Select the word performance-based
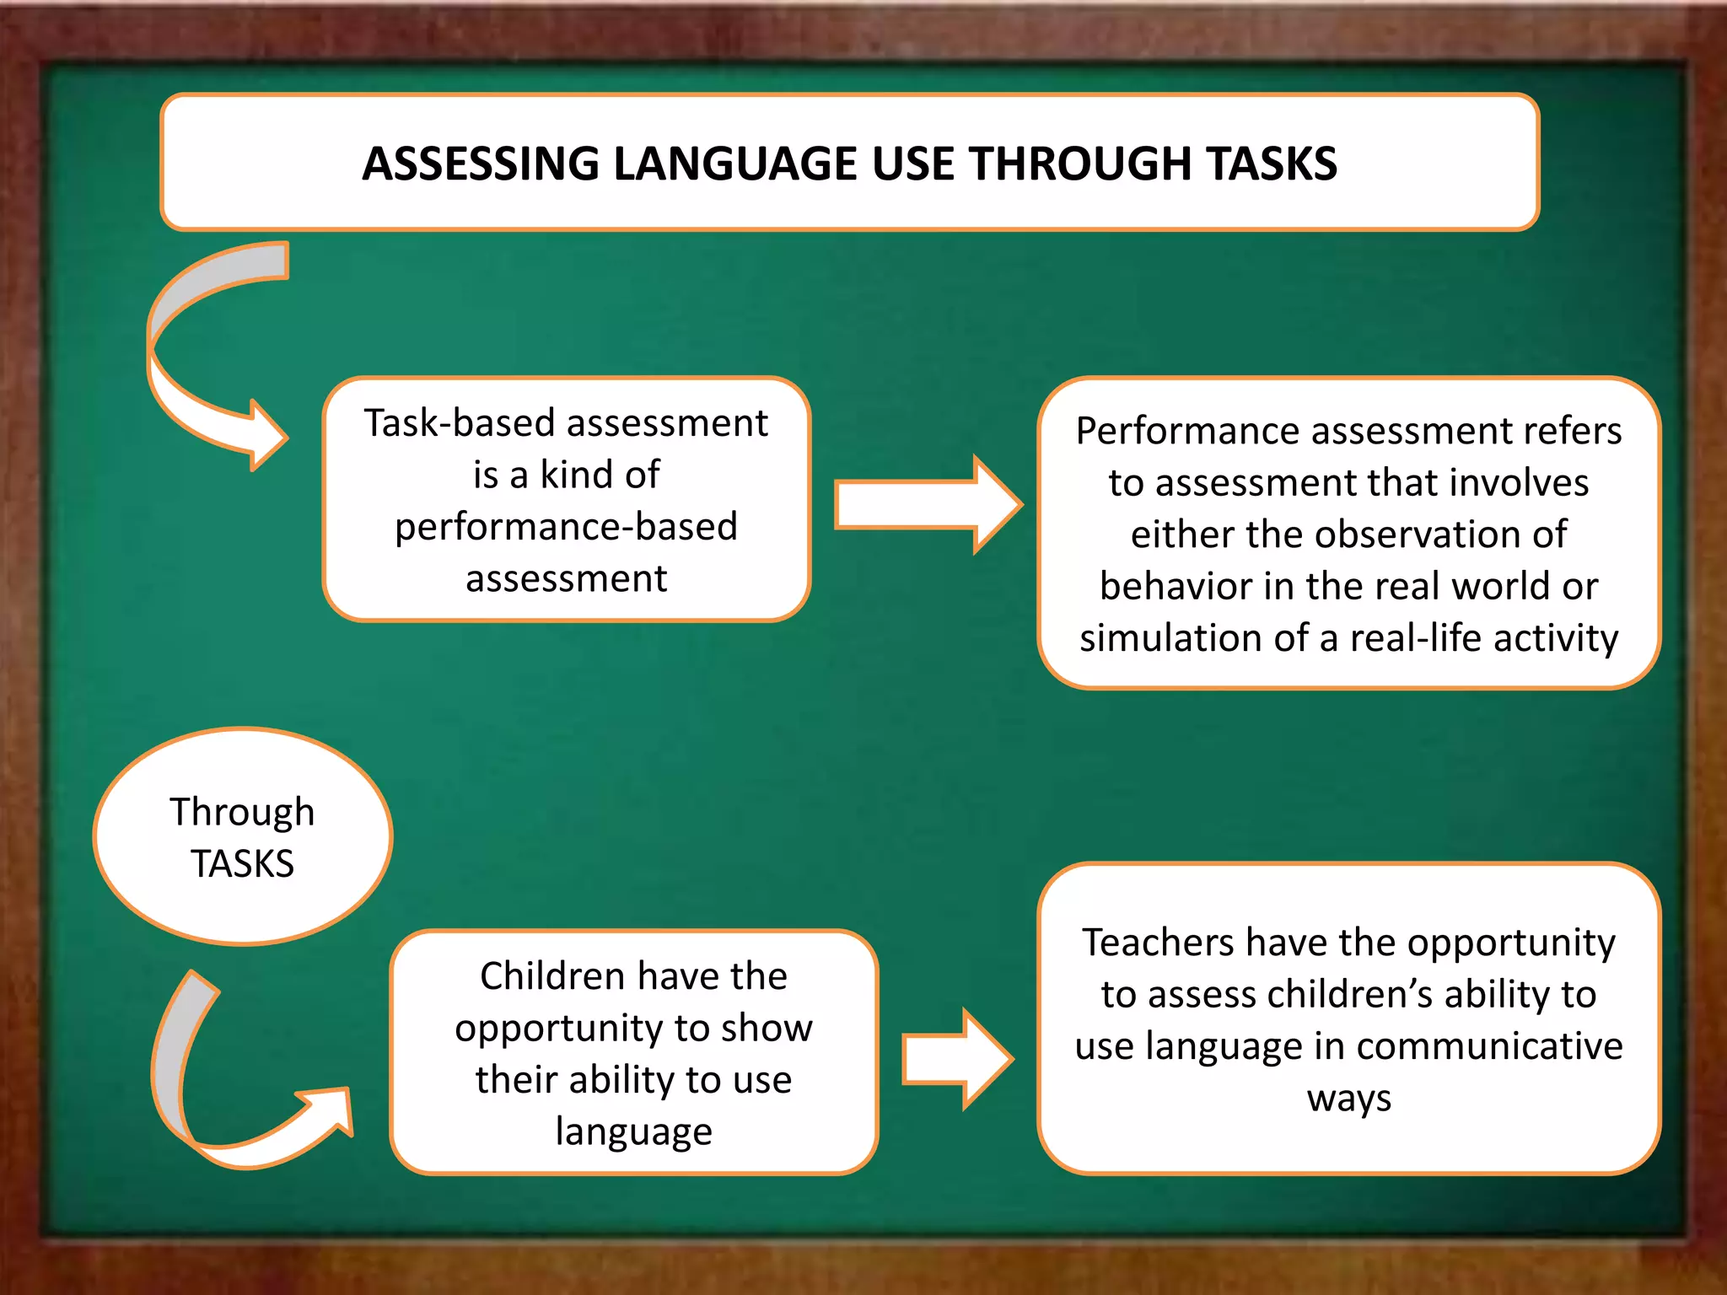tap(566, 527)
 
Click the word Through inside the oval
tap(242, 812)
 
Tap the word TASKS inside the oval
tap(242, 864)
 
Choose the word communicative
tap(1489, 1046)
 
